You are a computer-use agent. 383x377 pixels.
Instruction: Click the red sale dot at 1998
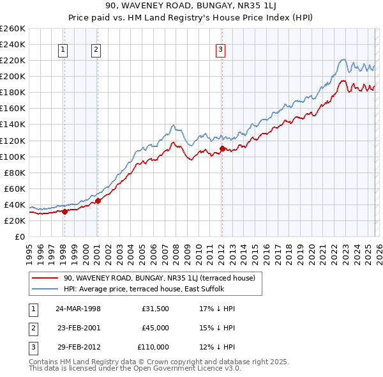coord(65,212)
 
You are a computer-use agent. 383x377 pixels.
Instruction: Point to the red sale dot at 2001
coord(98,201)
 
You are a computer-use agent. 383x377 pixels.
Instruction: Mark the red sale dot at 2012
coord(222,148)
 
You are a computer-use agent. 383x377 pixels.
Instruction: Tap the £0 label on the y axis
coord(19,236)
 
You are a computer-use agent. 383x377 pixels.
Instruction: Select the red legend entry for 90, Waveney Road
coord(159,278)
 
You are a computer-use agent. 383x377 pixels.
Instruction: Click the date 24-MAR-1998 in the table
coord(78,309)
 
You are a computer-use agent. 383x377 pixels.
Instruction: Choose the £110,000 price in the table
coord(153,347)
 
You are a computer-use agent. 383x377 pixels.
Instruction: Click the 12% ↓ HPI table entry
coord(217,347)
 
